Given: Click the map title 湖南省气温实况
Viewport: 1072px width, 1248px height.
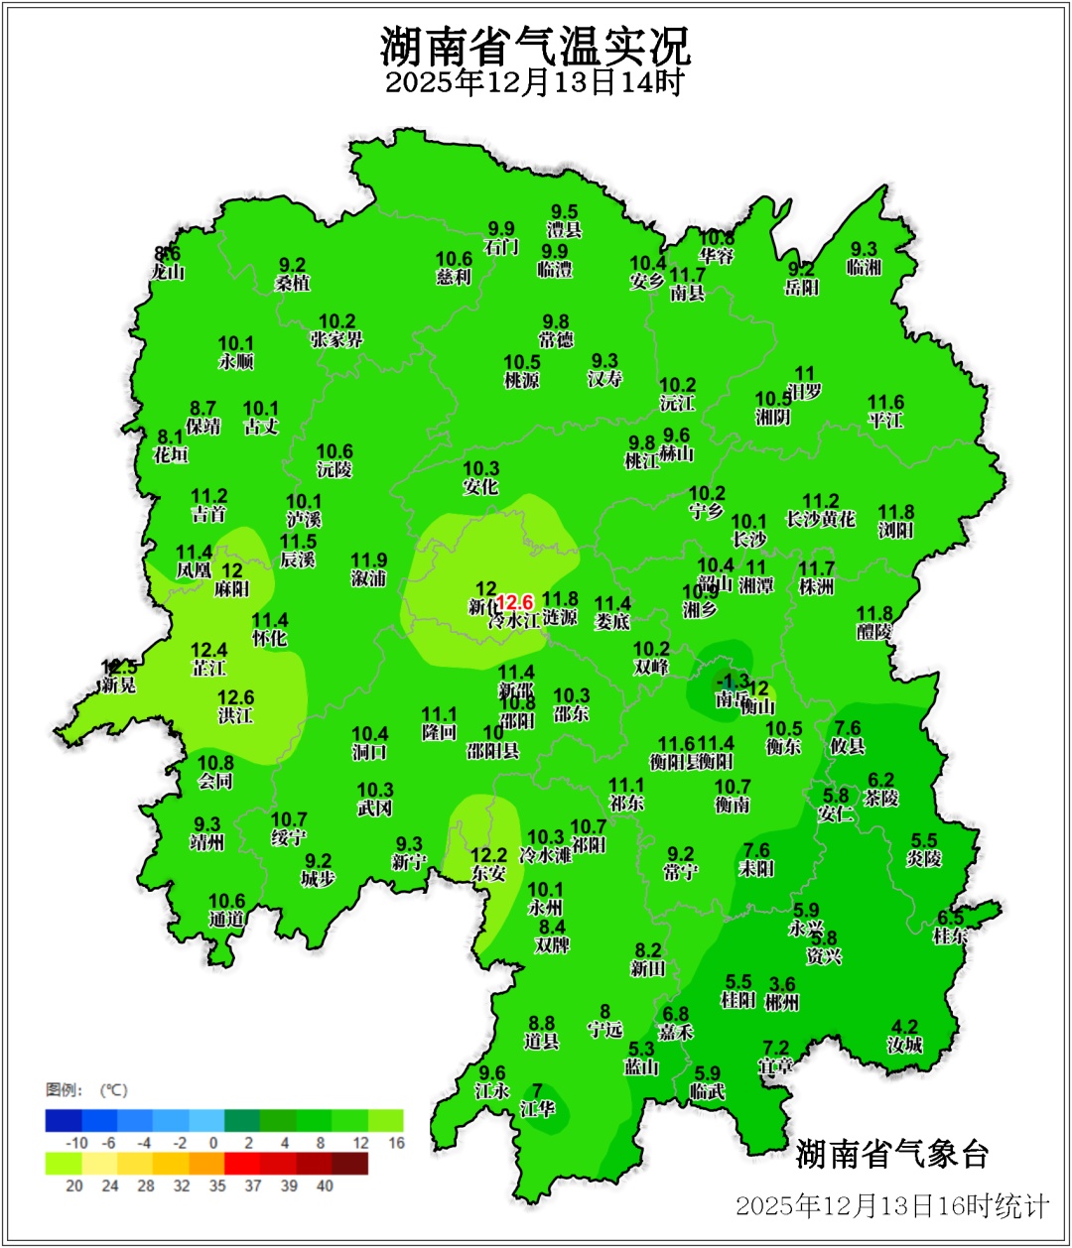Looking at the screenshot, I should [535, 45].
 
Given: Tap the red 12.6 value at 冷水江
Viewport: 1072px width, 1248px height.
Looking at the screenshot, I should [514, 602].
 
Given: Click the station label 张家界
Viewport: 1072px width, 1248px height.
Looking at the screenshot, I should [336, 340].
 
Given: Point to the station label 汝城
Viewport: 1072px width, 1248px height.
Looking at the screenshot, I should [904, 1045].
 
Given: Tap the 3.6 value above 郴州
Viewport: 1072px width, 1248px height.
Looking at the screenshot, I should [782, 984].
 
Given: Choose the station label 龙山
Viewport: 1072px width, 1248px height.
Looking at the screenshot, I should [168, 272].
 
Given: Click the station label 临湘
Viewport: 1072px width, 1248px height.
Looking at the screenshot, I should [864, 268].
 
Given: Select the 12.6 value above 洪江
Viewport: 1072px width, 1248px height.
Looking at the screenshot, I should [236, 697].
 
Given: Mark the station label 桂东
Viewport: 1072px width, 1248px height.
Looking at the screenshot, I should [950, 936].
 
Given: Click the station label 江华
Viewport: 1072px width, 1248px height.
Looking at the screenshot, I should [537, 1109].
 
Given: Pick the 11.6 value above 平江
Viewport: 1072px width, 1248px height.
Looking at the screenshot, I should [885, 402].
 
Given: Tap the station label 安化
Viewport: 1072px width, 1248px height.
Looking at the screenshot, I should [480, 487].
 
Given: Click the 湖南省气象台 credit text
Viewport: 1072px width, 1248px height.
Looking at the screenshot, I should [892, 1154].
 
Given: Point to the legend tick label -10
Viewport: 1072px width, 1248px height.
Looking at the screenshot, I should [76, 1143].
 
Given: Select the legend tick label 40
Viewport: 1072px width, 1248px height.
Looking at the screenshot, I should [325, 1186].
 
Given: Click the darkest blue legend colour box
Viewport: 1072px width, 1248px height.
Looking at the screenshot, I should [64, 1120].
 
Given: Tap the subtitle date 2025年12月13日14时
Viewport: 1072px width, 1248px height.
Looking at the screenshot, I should [535, 83].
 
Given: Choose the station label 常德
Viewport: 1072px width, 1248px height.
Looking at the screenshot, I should [556, 340].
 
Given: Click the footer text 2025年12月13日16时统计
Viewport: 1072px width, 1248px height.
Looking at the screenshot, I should [891, 1206].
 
